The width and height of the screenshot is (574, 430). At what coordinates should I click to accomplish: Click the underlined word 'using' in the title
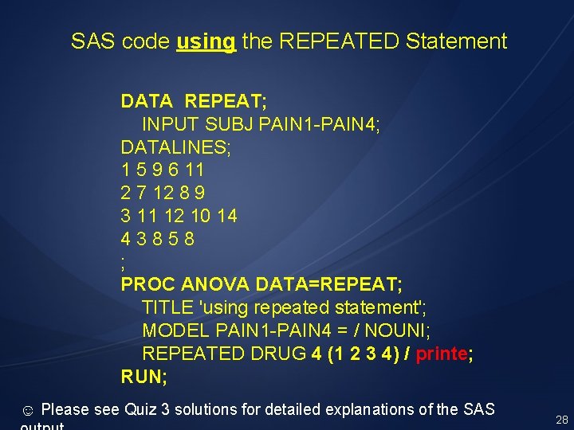(206, 41)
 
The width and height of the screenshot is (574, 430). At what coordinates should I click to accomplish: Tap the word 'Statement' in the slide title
(455, 41)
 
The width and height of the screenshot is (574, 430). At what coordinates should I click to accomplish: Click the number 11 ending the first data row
(194, 170)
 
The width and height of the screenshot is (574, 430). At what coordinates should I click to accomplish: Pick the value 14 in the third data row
(226, 217)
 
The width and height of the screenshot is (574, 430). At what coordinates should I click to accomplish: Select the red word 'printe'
(441, 354)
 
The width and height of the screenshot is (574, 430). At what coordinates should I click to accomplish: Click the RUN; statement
(144, 377)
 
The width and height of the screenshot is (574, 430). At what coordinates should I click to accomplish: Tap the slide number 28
(561, 419)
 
